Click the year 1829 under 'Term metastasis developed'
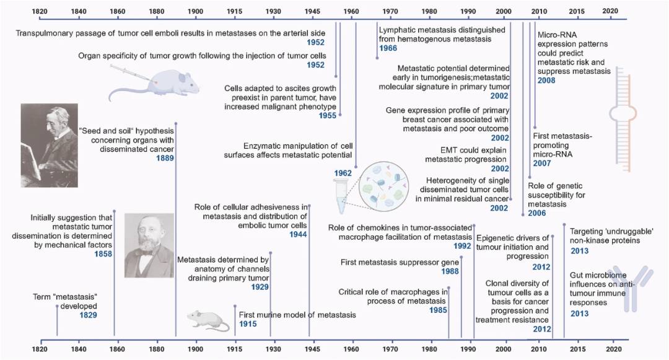click(x=88, y=315)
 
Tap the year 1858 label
click(x=103, y=254)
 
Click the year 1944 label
click(x=298, y=235)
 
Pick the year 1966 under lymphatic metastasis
click(x=388, y=48)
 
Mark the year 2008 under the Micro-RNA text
click(x=546, y=81)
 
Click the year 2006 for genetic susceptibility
click(x=538, y=213)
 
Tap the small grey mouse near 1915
click(x=205, y=319)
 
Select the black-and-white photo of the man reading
click(x=49, y=145)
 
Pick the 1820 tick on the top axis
click(x=40, y=11)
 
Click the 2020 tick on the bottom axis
click(x=613, y=349)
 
